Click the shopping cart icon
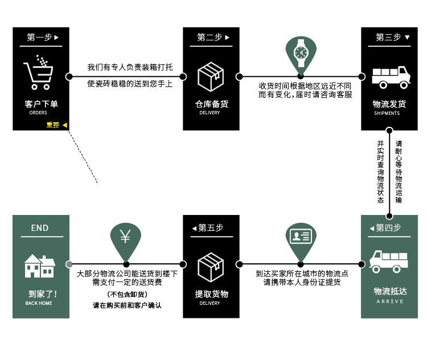39,72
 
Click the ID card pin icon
300,237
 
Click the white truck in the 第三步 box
391,76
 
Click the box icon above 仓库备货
211,76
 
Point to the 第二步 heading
210,38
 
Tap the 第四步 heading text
388,227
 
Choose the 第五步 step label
211,227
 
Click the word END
40,228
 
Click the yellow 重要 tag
53,125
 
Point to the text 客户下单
41,104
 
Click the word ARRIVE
389,301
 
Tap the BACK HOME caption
39,303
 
